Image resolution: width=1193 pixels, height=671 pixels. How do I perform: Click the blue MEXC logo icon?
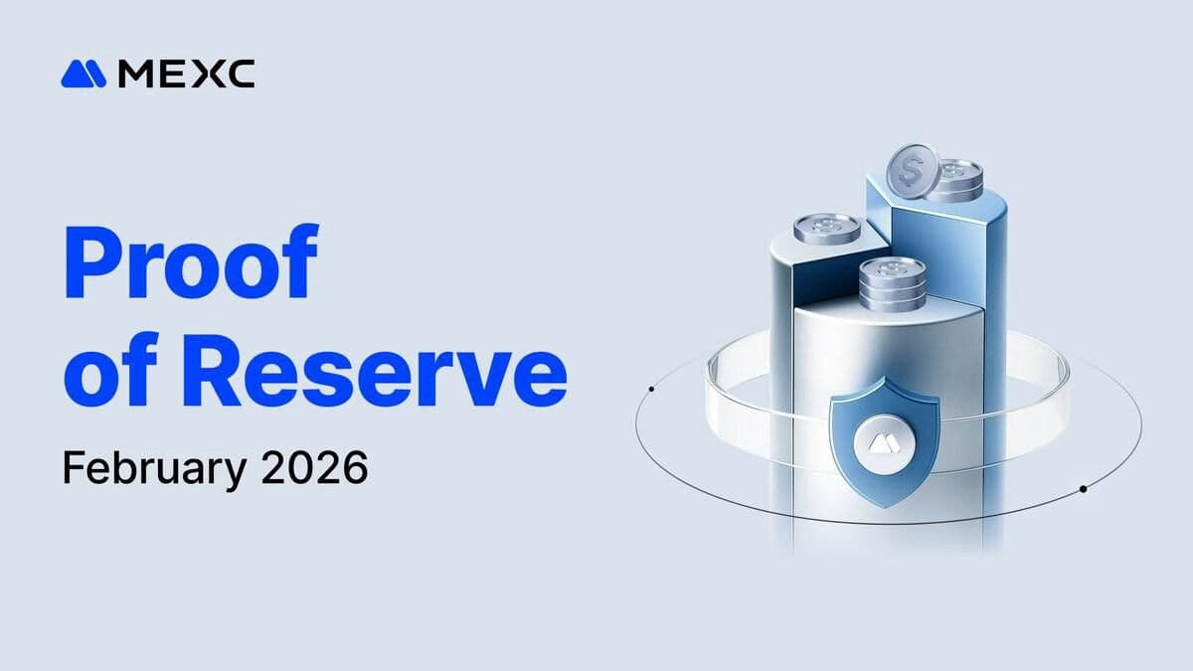point(84,74)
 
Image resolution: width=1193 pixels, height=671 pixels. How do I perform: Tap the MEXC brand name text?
point(186,74)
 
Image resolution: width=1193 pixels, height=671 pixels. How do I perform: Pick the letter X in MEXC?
point(206,74)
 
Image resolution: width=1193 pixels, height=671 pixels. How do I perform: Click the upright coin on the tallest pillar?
point(911,172)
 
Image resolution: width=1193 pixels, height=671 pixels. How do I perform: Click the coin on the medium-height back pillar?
point(826,228)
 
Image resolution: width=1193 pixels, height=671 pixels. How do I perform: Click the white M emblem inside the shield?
point(883,442)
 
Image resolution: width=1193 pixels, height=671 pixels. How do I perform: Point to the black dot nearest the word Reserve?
point(650,389)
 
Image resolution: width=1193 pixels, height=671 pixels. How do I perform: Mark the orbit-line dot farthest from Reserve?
point(1083,489)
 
